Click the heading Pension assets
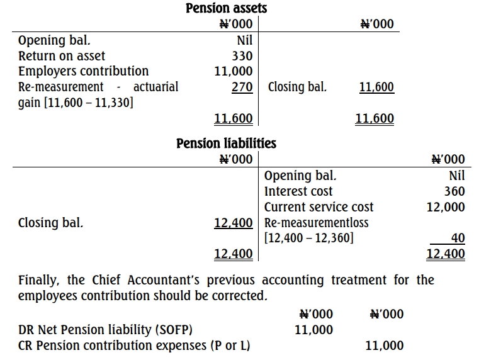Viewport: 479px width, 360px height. click(226, 9)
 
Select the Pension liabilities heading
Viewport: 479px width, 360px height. click(226, 143)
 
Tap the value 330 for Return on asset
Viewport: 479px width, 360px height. click(242, 56)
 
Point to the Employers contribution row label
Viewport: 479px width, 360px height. click(83, 71)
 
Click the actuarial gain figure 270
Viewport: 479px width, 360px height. click(242, 87)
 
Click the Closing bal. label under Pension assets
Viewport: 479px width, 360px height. click(297, 87)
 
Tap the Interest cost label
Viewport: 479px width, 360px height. click(298, 191)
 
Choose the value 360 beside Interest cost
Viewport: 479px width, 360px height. click(454, 191)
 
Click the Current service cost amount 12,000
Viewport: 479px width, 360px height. click(446, 207)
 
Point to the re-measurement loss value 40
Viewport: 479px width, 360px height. click(458, 239)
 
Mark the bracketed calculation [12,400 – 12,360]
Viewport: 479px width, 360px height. click(309, 239)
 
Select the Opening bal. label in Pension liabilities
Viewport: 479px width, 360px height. click(301, 176)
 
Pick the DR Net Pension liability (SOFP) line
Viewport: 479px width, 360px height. click(106, 330)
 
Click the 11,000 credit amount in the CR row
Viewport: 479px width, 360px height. click(384, 346)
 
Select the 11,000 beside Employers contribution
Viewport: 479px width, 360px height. click(234, 71)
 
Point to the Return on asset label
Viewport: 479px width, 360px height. click(62, 56)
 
